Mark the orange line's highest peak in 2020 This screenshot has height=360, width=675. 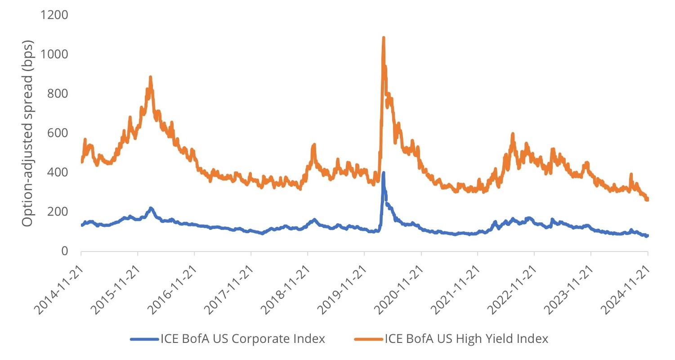[384, 38]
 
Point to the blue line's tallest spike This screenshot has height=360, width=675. [383, 172]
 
